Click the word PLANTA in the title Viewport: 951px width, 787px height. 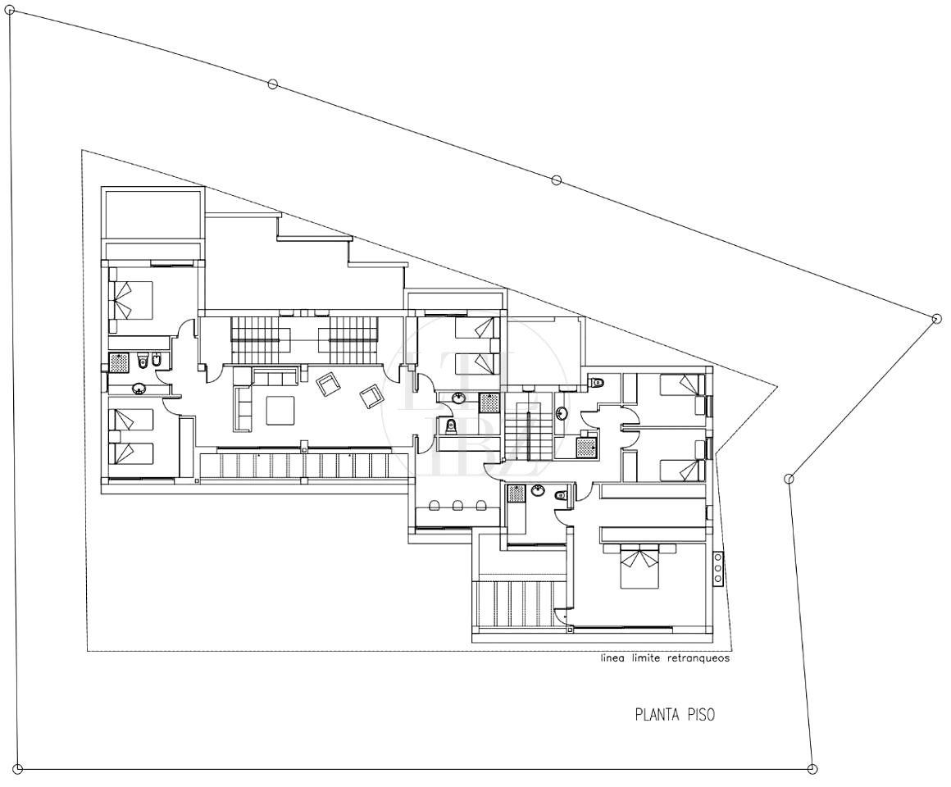(658, 714)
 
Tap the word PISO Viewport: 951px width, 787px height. (701, 714)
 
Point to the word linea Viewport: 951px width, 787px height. (612, 657)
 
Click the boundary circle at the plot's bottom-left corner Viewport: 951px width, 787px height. (18, 770)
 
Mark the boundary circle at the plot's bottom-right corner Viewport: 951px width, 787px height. (812, 770)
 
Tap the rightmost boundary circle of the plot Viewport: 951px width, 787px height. (937, 318)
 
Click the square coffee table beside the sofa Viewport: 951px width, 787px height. (280, 410)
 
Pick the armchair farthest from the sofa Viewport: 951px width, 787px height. (371, 397)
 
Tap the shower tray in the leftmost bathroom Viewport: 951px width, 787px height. (119, 362)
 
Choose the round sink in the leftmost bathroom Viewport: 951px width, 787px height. (139, 388)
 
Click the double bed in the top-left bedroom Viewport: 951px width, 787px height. (130, 299)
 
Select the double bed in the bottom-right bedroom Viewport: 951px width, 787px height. (639, 565)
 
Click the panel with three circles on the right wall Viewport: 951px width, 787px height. (719, 568)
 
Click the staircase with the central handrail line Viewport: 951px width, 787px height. (528, 425)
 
